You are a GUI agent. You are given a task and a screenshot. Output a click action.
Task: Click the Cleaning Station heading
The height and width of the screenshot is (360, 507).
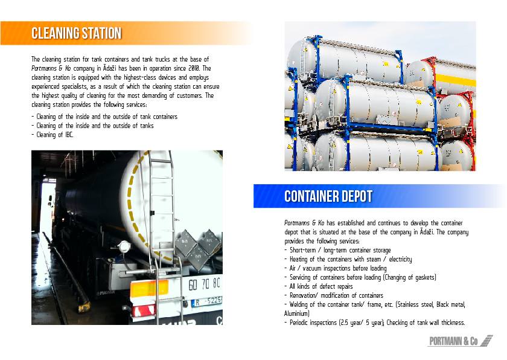click(x=76, y=33)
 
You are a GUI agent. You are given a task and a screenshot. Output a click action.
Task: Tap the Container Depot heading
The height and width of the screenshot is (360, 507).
click(x=328, y=196)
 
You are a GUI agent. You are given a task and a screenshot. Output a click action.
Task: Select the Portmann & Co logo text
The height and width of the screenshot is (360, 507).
click(x=453, y=341)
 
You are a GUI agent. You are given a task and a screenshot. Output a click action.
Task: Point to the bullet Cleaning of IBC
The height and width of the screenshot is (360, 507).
click(x=53, y=135)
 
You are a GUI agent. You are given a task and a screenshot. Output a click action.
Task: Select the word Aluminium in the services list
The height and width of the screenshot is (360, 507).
click(x=296, y=313)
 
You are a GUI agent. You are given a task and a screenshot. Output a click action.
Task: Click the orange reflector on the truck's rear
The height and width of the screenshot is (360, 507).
click(x=149, y=288)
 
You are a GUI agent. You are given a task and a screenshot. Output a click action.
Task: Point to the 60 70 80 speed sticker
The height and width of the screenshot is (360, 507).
click(x=204, y=284)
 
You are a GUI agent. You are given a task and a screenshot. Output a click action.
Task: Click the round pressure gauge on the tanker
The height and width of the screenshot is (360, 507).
click(x=124, y=246)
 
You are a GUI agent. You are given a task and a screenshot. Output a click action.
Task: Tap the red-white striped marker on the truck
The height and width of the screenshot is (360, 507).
click(x=144, y=310)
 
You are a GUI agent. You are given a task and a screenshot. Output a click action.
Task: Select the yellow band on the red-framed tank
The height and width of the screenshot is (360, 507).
click(x=456, y=80)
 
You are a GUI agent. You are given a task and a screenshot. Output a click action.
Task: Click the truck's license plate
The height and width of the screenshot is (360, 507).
click(x=207, y=302)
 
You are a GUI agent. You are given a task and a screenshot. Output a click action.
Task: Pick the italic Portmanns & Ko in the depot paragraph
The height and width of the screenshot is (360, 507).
click(x=304, y=223)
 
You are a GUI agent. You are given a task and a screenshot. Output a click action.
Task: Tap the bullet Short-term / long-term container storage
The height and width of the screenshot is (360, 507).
click(x=337, y=250)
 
